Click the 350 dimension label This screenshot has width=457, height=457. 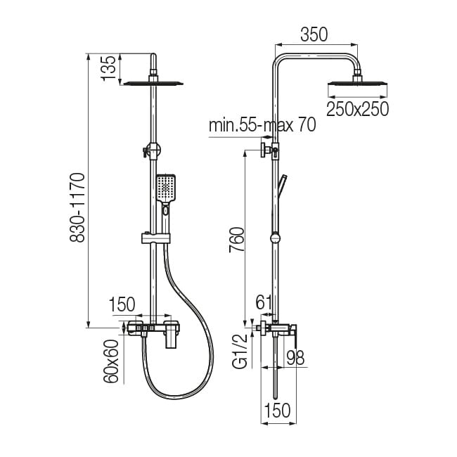[314, 34]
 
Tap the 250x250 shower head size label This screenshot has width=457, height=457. [357, 109]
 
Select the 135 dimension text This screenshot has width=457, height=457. [108, 67]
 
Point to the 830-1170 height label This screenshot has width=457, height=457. [77, 207]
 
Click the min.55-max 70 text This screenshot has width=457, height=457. [262, 124]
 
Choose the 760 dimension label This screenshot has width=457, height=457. [236, 240]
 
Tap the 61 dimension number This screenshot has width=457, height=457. [264, 302]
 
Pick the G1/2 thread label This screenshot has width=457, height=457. [240, 352]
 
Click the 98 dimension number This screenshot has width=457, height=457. [295, 358]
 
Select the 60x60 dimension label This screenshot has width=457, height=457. [111, 361]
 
